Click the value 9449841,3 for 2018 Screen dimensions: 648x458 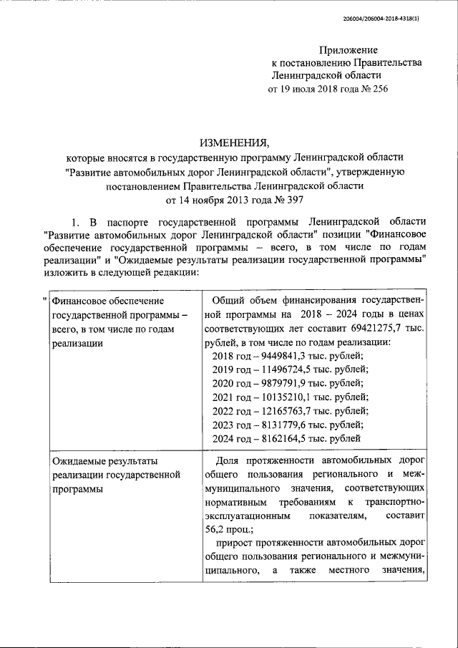click(x=285, y=356)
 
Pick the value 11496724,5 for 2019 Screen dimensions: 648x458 click(x=288, y=369)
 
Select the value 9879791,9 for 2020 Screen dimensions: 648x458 click(x=285, y=383)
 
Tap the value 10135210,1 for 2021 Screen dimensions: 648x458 click(x=288, y=397)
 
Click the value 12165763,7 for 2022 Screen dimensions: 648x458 click(x=288, y=410)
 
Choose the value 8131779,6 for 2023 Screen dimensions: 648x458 click(x=285, y=424)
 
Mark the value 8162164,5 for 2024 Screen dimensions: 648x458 click(x=285, y=437)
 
